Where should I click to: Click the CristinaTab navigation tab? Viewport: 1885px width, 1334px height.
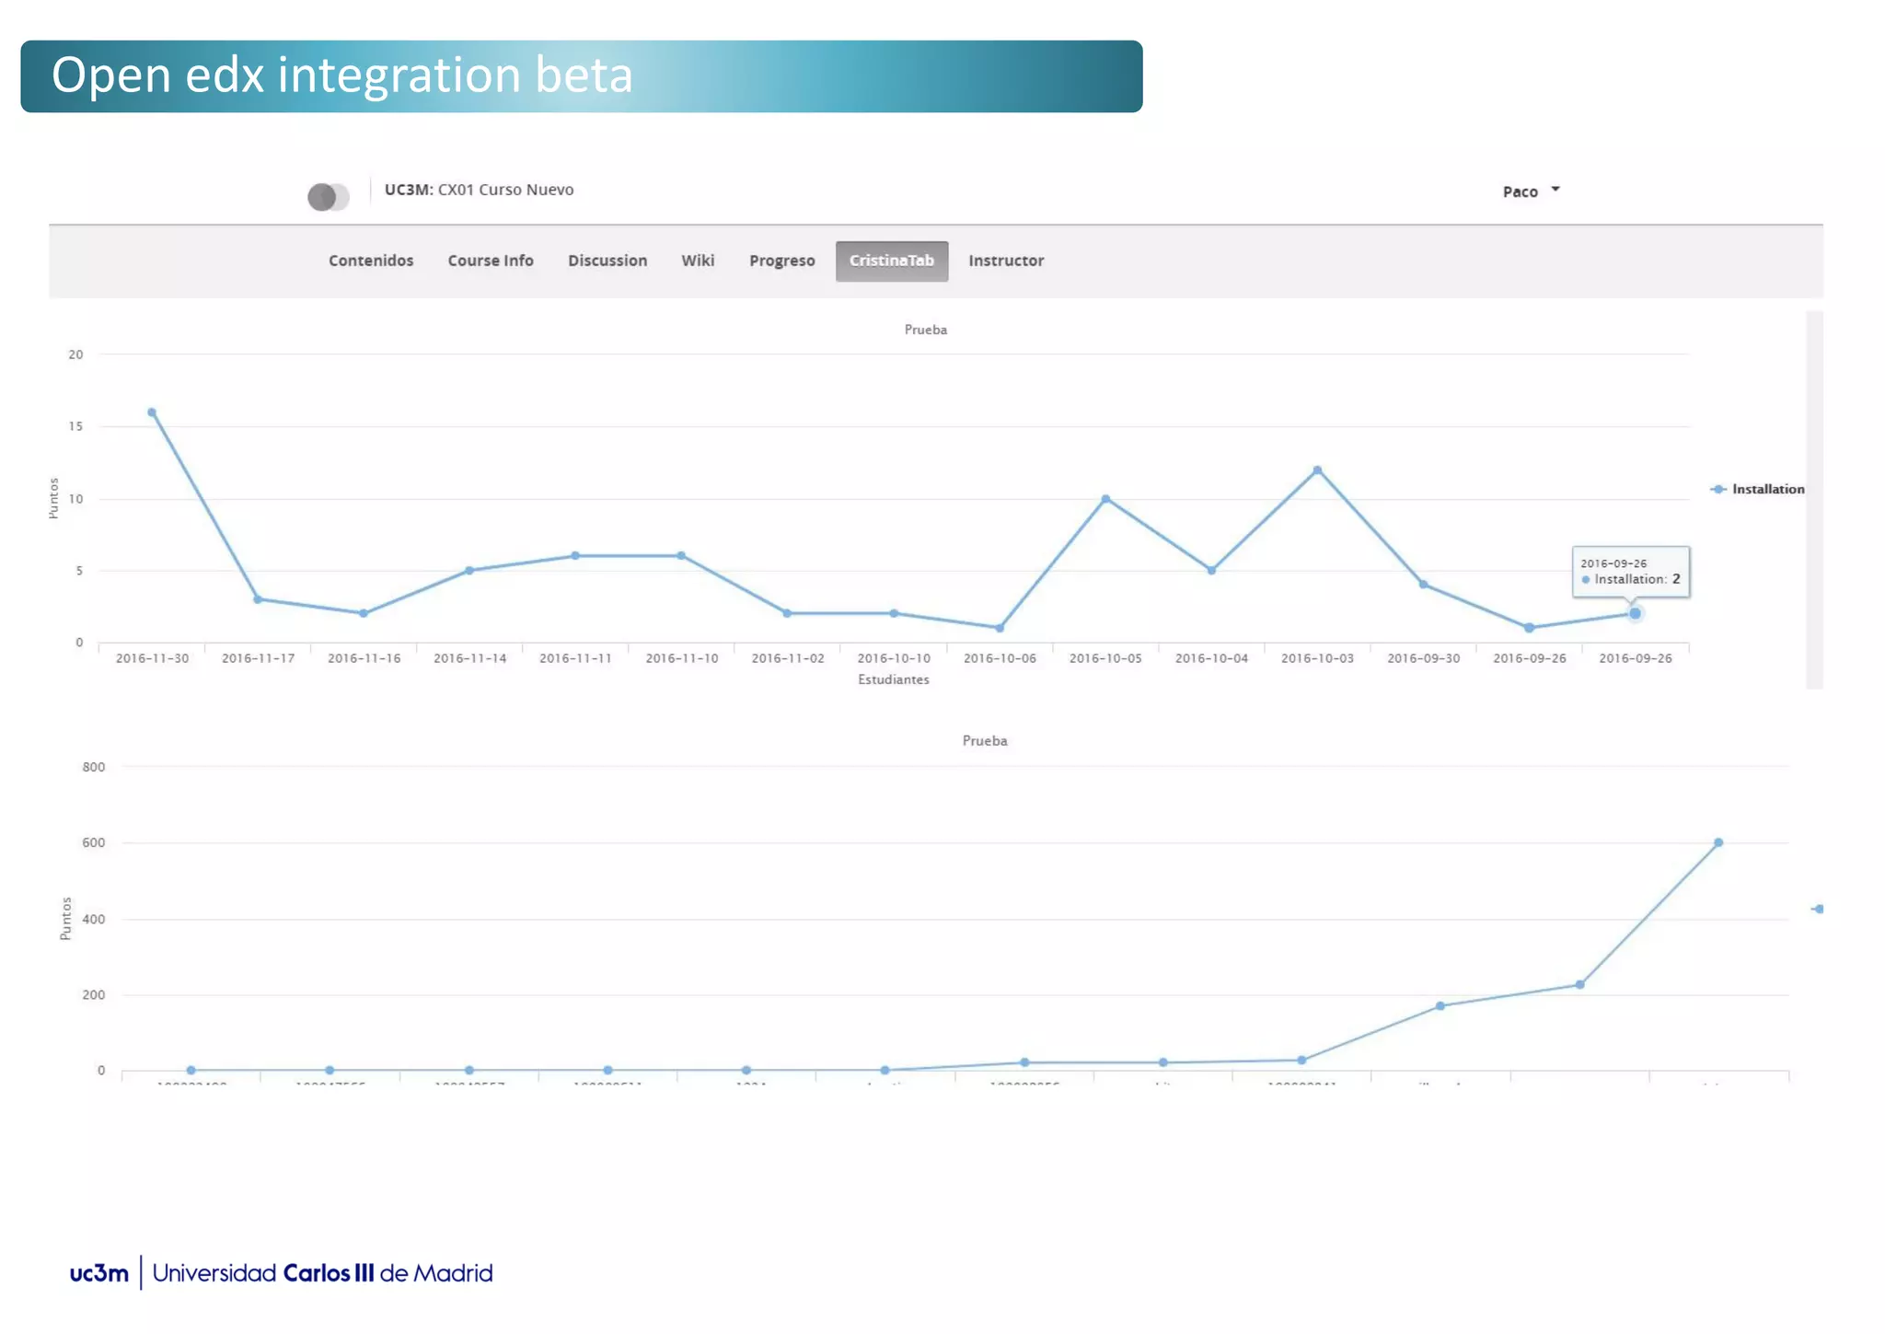click(x=891, y=261)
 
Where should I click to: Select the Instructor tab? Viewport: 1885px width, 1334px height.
click(x=1006, y=261)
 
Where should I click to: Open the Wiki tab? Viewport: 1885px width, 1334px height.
click(x=698, y=261)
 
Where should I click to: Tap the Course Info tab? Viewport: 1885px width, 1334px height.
click(x=491, y=261)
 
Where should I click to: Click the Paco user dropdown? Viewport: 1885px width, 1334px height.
click(x=1531, y=191)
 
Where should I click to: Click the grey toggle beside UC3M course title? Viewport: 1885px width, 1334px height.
click(x=329, y=196)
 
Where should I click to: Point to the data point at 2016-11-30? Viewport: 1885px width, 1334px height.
click(x=152, y=412)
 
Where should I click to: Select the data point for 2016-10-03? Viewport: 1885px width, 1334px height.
click(x=1317, y=470)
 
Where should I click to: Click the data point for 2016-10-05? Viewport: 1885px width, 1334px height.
click(x=1105, y=499)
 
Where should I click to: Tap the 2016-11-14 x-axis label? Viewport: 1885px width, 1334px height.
click(x=469, y=658)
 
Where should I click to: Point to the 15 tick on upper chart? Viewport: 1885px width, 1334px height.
click(x=75, y=426)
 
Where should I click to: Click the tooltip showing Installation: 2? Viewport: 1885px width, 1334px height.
click(x=1630, y=572)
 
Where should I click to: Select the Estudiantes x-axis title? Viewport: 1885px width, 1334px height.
click(x=893, y=679)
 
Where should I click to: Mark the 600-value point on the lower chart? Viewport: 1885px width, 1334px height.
click(x=1718, y=842)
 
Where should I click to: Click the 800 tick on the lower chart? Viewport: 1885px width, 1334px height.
click(x=94, y=767)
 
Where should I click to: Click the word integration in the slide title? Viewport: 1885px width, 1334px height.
click(x=399, y=75)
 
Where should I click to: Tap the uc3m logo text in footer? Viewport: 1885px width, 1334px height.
click(x=99, y=1273)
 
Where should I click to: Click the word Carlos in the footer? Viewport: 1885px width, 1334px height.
click(x=316, y=1273)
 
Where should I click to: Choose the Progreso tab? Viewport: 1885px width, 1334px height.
click(x=781, y=261)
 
